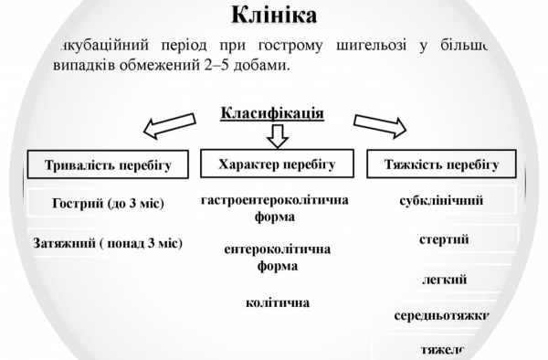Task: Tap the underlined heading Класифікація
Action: pyautogui.click(x=272, y=114)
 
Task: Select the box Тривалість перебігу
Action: pyautogui.click(x=109, y=166)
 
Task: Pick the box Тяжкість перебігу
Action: pyautogui.click(x=445, y=164)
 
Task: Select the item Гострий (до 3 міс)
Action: pyautogui.click(x=109, y=203)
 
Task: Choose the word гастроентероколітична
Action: pyautogui.click(x=275, y=200)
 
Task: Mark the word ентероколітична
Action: pyautogui.click(x=277, y=249)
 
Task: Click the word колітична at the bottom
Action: pyautogui.click(x=277, y=302)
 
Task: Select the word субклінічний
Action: pyautogui.click(x=442, y=201)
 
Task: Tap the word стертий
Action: pyautogui.click(x=444, y=240)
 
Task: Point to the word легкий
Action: pyautogui.click(x=444, y=279)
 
